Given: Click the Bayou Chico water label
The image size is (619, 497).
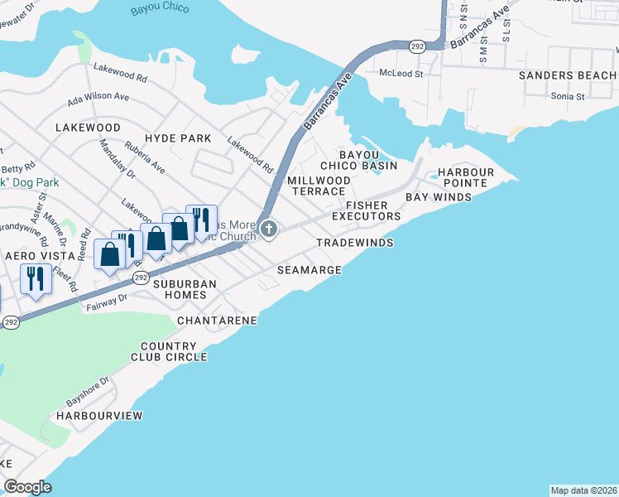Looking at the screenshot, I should pyautogui.click(x=160, y=9).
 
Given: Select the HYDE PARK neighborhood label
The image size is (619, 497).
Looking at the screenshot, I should pyautogui.click(x=178, y=138).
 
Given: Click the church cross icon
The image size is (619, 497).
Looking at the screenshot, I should pyautogui.click(x=267, y=229).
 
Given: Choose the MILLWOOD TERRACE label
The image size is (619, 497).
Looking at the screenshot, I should pyautogui.click(x=319, y=186).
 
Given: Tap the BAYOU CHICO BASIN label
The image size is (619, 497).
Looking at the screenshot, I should pyautogui.click(x=369, y=160).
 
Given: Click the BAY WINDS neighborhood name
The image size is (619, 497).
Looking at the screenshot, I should pyautogui.click(x=438, y=197).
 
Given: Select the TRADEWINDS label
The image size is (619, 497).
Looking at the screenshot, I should pyautogui.click(x=354, y=244).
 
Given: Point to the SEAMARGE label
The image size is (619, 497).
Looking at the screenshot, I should pyautogui.click(x=309, y=270).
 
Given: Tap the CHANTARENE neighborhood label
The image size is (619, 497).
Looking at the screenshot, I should pyautogui.click(x=217, y=320).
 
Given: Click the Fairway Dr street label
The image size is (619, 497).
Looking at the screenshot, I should pyautogui.click(x=106, y=302).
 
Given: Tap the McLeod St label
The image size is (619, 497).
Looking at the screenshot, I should pyautogui.click(x=401, y=74).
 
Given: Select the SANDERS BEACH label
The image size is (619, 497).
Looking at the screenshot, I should pyautogui.click(x=568, y=75).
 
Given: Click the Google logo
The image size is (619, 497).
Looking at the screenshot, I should pyautogui.click(x=27, y=486).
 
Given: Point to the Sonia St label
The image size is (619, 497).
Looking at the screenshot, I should pyautogui.click(x=568, y=96).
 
